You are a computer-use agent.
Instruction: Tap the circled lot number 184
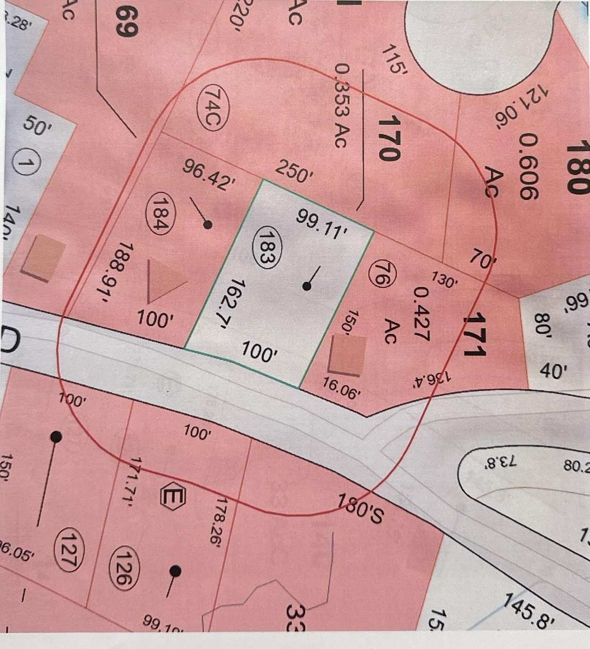[159, 213]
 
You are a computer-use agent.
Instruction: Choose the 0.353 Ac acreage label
[342, 106]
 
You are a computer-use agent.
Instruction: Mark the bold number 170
[388, 138]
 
